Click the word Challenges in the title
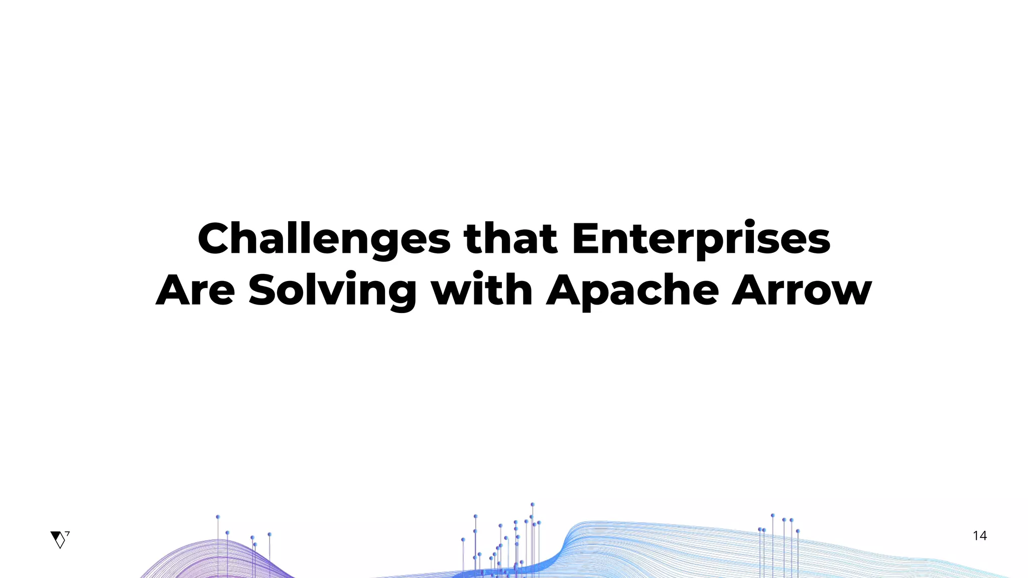point(324,239)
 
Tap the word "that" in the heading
point(510,239)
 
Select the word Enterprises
point(701,239)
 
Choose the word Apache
point(632,291)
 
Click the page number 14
point(979,536)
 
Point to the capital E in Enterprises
point(588,239)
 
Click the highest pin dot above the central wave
point(533,504)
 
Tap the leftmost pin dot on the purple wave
point(218,517)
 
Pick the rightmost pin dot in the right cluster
point(798,531)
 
